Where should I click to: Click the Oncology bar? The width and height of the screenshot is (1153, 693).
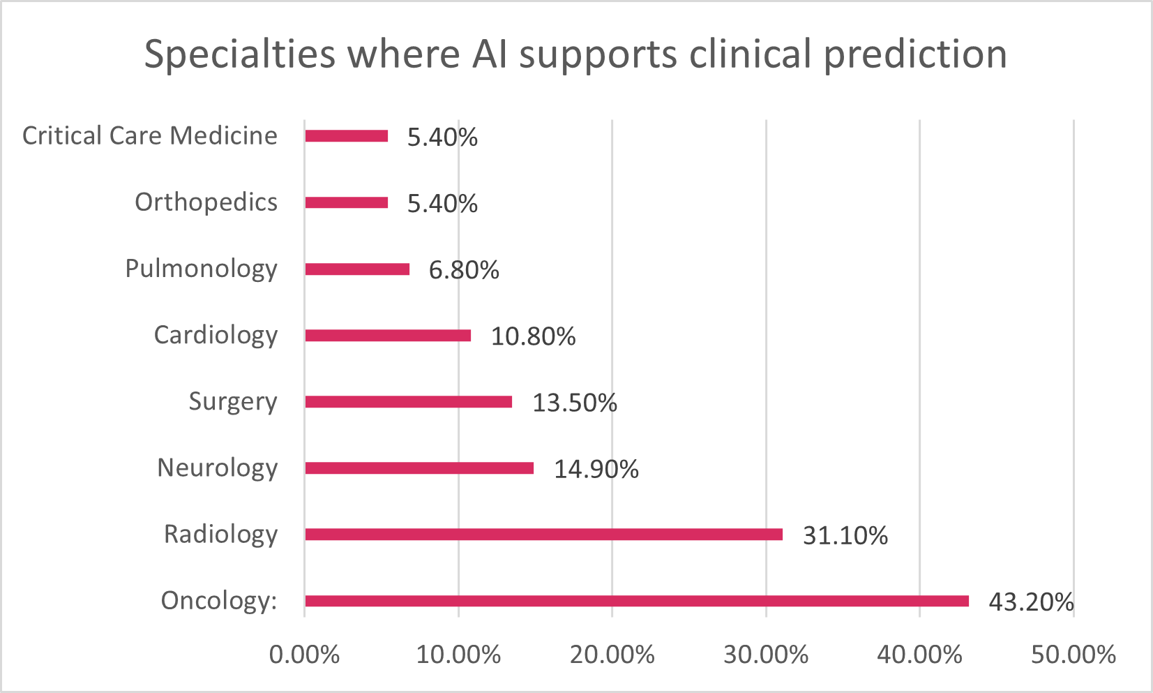click(x=636, y=601)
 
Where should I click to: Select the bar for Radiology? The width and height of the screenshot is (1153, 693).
click(x=543, y=535)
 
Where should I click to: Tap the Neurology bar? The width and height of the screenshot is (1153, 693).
click(x=419, y=468)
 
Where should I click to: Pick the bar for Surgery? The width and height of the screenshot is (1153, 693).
click(x=408, y=402)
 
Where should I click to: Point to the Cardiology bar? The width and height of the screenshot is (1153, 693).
click(x=387, y=336)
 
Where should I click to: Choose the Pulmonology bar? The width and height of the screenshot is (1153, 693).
click(x=356, y=269)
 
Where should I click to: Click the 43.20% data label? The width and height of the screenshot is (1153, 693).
click(x=1030, y=602)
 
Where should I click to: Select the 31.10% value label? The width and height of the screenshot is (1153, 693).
click(x=845, y=536)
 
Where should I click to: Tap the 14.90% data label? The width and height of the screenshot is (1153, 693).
click(x=596, y=470)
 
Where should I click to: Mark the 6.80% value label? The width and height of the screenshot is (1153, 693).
click(x=463, y=271)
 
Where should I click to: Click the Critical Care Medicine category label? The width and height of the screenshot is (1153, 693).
click(x=150, y=136)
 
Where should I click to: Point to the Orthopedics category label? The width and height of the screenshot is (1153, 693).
click(x=206, y=202)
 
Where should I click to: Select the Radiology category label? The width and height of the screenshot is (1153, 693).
click(x=220, y=535)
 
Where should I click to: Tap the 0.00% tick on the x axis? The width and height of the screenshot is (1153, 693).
click(x=304, y=655)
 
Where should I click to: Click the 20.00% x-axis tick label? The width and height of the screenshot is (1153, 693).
click(x=612, y=655)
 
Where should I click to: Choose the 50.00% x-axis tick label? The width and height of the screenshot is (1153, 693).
click(x=1073, y=655)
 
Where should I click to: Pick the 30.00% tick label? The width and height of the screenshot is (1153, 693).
click(x=765, y=655)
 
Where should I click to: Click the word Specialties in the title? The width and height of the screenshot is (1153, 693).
click(x=239, y=54)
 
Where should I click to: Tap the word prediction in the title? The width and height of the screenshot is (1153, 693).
click(x=915, y=54)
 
